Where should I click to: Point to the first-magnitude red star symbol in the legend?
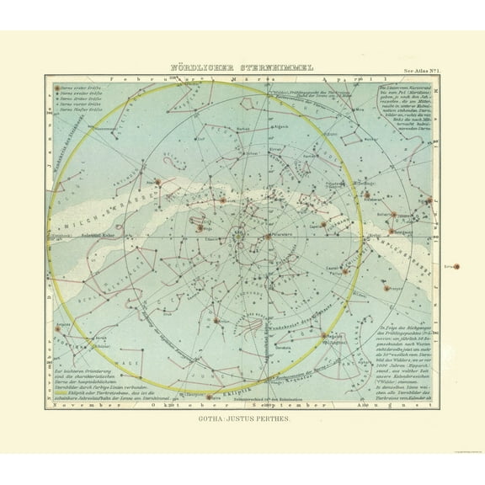click(x=57, y=87)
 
